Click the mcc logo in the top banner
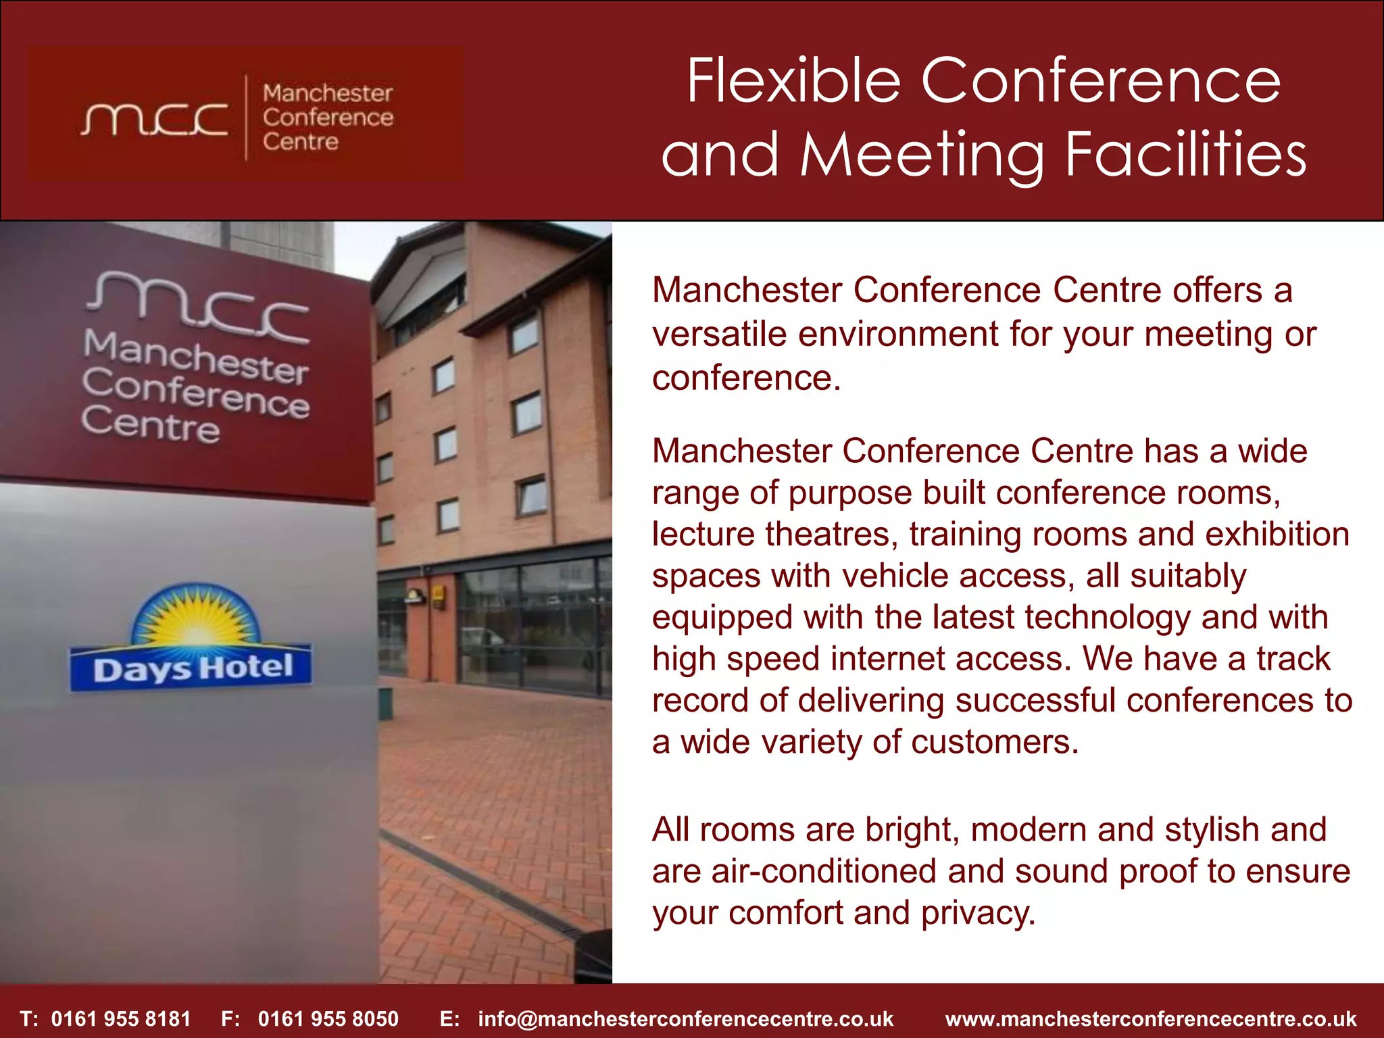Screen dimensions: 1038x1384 154,120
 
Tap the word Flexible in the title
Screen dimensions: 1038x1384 793,81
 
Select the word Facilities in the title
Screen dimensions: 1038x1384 1185,155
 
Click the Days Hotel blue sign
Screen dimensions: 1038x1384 191,668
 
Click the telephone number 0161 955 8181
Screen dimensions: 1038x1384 121,1018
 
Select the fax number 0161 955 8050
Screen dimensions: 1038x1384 328,1018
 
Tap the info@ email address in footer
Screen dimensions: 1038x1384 685,1018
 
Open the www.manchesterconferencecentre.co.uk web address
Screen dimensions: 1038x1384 1151,1018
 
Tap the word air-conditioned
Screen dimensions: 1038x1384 824,871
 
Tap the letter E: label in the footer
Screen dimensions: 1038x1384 449,1018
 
